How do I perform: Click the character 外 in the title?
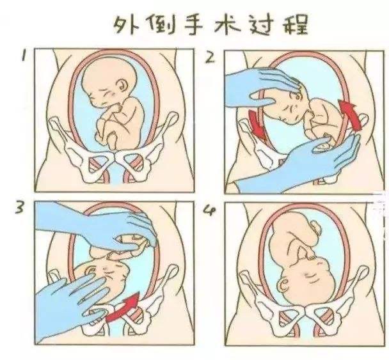click(126, 26)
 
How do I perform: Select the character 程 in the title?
click(296, 24)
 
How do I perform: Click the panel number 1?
click(24, 55)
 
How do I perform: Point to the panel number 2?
click(210, 58)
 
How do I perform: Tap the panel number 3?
click(20, 207)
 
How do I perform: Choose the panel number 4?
click(210, 210)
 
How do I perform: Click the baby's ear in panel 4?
click(284, 285)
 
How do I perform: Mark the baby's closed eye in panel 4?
click(309, 275)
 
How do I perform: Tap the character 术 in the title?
click(228, 24)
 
